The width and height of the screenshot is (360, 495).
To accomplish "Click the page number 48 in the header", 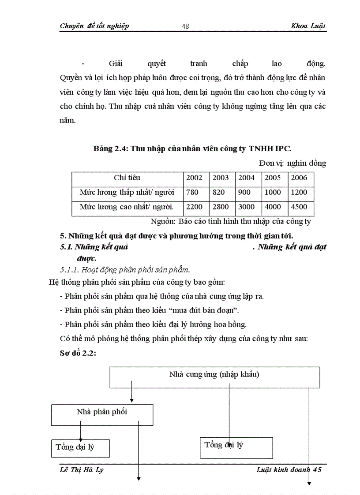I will (185, 26).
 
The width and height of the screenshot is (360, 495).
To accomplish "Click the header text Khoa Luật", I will (308, 26).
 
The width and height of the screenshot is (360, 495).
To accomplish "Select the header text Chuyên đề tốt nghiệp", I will (94, 26).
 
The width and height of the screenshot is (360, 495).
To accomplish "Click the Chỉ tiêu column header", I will (127, 178).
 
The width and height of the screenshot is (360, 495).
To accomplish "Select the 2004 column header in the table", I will (247, 178).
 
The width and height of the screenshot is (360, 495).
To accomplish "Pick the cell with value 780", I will (192, 193).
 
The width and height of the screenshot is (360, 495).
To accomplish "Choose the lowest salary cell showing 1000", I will (273, 193).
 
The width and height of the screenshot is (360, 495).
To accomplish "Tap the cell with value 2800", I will (221, 207).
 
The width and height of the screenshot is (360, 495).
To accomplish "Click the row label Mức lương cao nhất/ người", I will (127, 207).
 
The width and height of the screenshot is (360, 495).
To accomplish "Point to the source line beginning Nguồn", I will (231, 221).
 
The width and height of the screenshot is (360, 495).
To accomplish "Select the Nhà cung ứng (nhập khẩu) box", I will (214, 376).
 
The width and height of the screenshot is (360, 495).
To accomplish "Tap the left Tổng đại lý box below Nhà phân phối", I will (80, 448).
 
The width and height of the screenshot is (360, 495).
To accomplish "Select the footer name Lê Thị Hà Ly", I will (82, 470).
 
